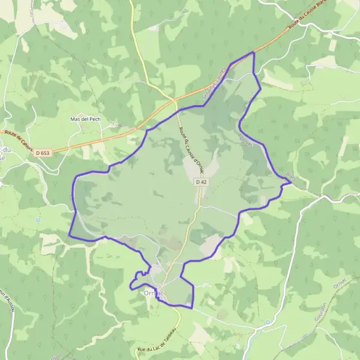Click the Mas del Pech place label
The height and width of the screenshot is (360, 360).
coord(86,119)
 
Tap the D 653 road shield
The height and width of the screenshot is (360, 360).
coord(42,154)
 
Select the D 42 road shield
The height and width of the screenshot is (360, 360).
coord(200,181)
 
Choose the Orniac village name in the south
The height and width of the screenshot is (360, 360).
coord(154,293)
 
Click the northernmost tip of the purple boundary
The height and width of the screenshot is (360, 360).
coord(253,53)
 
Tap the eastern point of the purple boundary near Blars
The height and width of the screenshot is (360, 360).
coord(291,183)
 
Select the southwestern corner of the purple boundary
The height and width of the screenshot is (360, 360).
coord(70,236)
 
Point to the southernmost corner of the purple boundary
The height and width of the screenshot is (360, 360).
coord(191,308)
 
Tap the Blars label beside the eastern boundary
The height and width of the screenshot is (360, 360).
coord(290,175)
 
